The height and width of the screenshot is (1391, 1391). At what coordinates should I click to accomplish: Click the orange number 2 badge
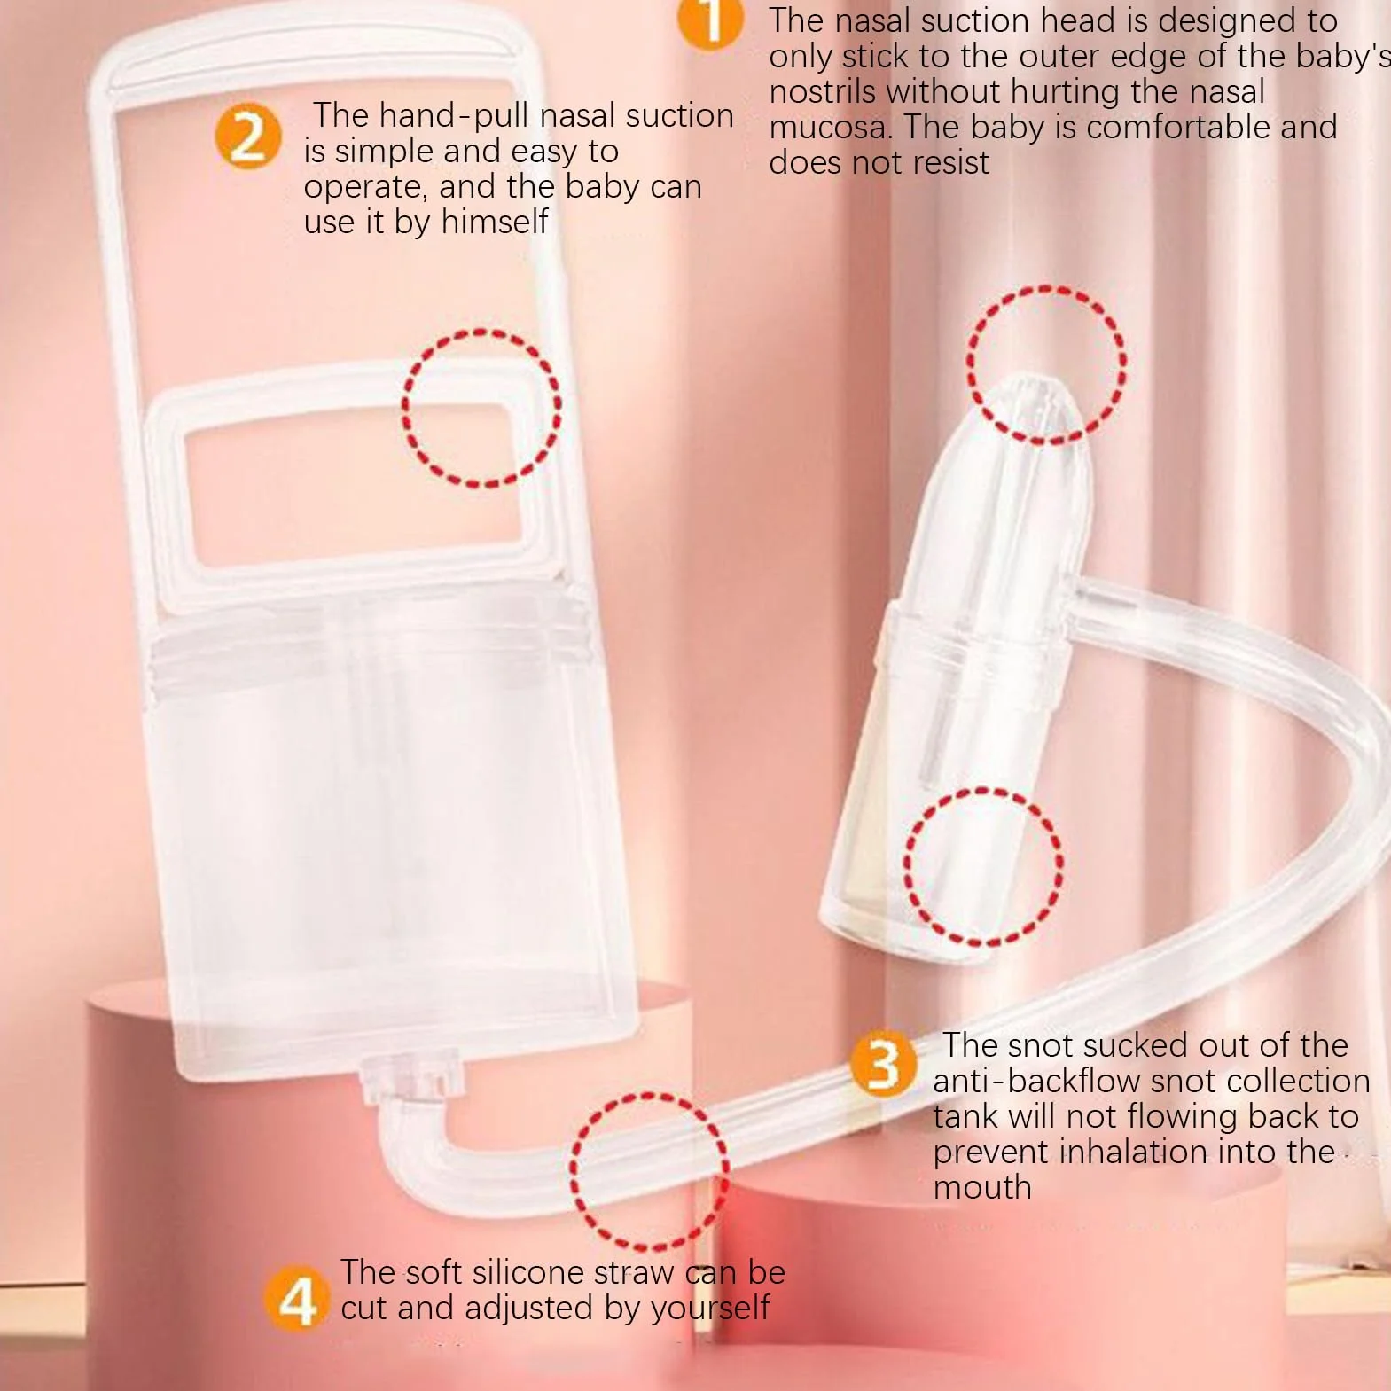click(248, 137)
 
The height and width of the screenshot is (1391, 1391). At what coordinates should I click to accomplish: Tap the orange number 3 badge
click(883, 1062)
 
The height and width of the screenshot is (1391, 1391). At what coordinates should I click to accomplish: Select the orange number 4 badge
click(298, 1298)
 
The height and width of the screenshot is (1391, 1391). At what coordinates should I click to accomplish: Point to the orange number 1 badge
click(710, 20)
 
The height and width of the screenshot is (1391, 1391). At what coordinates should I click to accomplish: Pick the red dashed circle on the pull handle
click(404, 409)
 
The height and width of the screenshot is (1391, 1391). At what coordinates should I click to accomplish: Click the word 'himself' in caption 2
click(495, 222)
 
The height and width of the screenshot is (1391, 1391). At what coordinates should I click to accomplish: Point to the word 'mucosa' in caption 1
click(829, 128)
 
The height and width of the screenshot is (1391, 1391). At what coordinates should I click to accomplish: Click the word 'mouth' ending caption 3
click(982, 1188)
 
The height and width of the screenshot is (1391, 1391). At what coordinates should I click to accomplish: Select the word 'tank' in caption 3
click(965, 1117)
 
